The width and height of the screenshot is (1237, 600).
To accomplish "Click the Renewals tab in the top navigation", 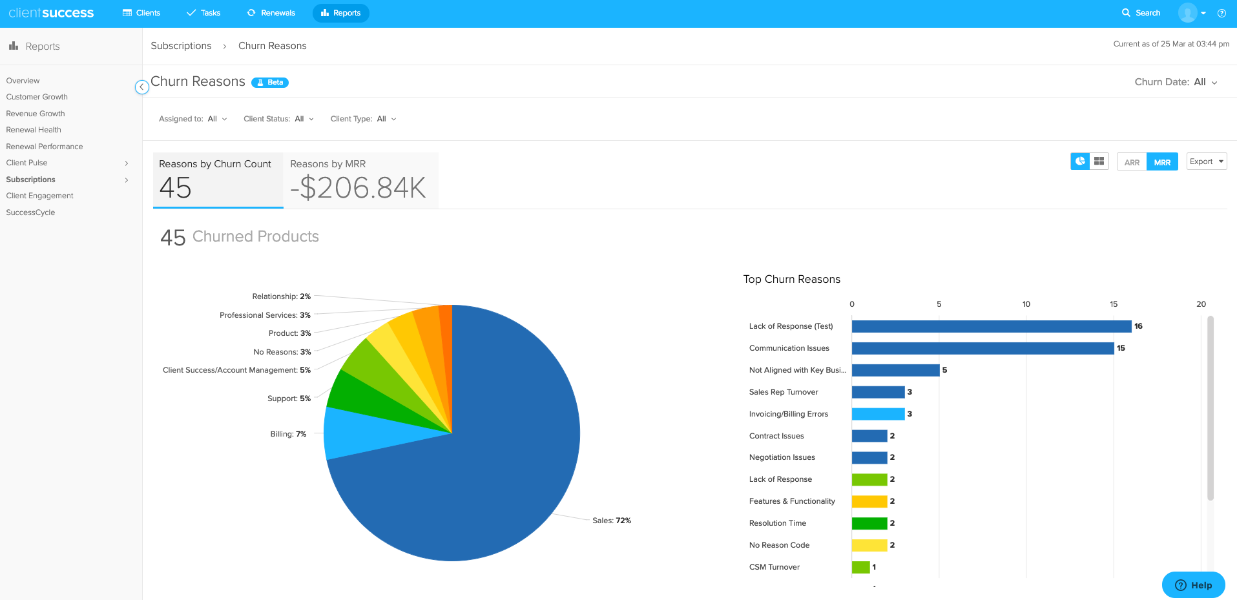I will click(271, 13).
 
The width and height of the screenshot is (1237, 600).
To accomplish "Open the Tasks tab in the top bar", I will click(203, 13).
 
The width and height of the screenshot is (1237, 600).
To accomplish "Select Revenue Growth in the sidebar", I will click(36, 114).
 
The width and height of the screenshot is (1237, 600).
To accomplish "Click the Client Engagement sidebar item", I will click(39, 196).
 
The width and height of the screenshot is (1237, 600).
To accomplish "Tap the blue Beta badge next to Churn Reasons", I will click(270, 83).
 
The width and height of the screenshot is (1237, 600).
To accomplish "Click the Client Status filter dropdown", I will click(278, 119).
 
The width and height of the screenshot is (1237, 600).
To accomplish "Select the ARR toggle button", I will click(1132, 162).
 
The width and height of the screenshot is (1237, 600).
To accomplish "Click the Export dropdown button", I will click(1206, 161).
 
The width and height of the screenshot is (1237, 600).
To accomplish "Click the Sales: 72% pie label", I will click(611, 521).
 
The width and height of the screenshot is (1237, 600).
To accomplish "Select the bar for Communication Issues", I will click(982, 348).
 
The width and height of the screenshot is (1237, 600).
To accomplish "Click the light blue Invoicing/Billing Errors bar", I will click(878, 414).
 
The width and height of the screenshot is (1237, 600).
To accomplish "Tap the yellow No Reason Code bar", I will click(869, 545).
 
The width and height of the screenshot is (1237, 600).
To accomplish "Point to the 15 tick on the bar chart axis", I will click(1114, 304).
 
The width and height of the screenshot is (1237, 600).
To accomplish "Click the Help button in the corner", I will click(1193, 585).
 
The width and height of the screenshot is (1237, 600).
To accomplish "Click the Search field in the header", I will click(1141, 13).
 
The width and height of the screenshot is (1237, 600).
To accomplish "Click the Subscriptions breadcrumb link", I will click(181, 46).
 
